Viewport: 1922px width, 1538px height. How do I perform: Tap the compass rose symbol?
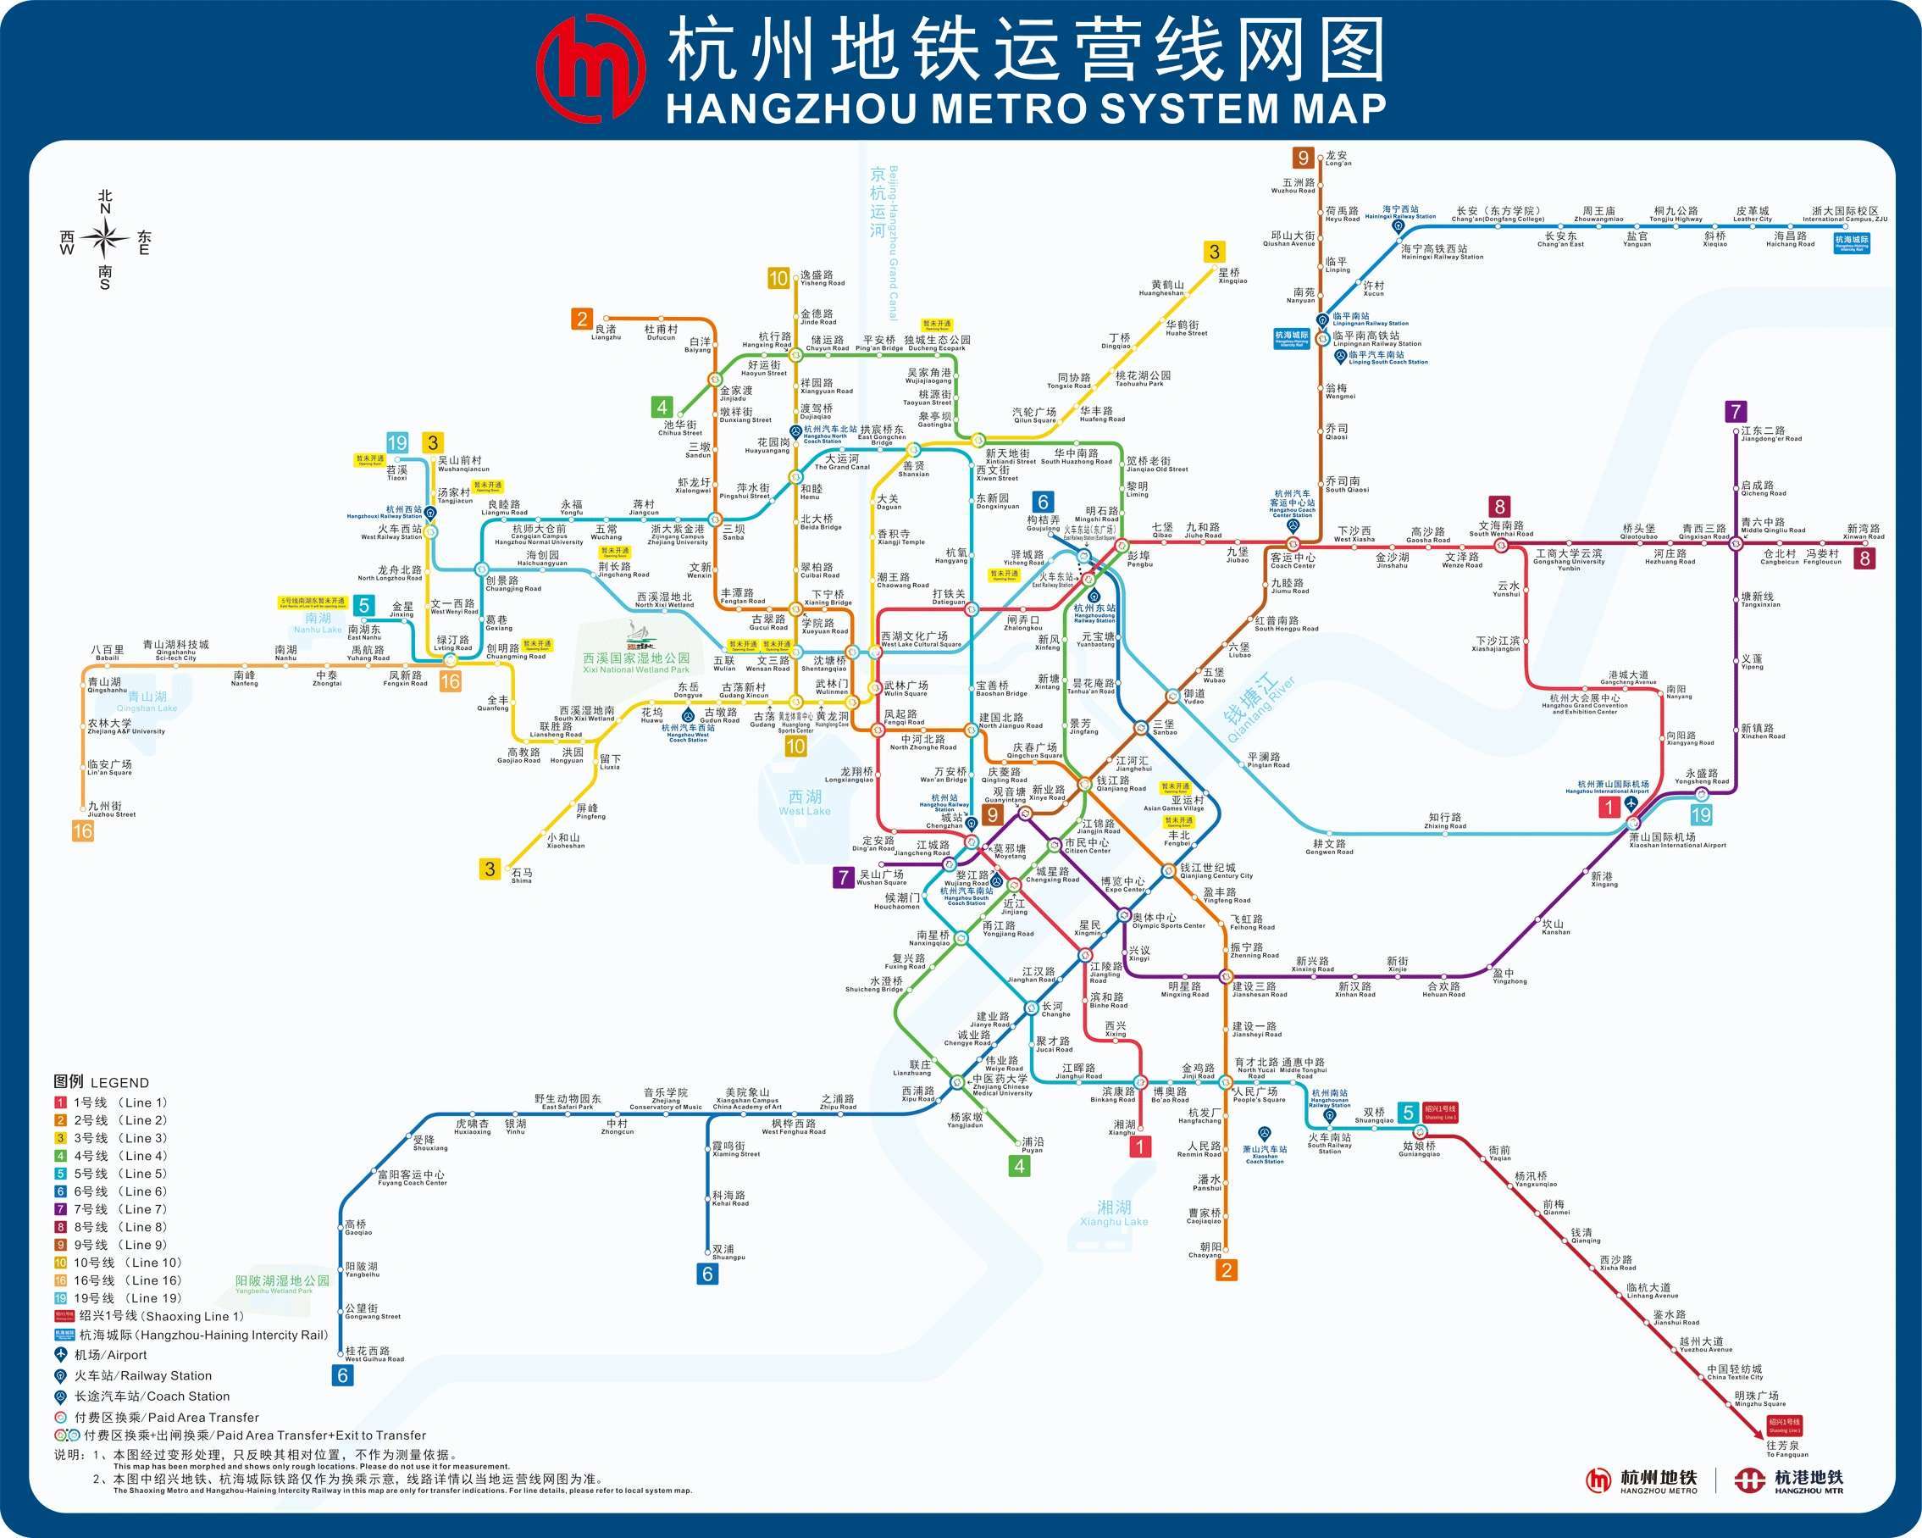[x=105, y=239]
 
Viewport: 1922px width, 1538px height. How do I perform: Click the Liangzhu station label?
[x=607, y=332]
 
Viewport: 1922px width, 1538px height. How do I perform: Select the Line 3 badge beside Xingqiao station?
[x=1213, y=253]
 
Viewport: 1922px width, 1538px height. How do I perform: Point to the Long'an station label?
[x=1338, y=158]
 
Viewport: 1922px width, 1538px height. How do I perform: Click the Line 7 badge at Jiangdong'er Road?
[x=1735, y=412]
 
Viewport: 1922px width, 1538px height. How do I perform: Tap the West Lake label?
[x=804, y=802]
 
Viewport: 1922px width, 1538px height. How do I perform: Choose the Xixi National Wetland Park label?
[x=635, y=663]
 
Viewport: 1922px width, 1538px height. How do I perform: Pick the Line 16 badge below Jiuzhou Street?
[x=83, y=831]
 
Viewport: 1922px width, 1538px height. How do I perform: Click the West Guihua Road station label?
[x=374, y=1354]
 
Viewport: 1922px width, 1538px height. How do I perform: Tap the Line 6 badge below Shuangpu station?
[x=707, y=1274]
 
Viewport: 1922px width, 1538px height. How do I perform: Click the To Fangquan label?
[x=1786, y=1449]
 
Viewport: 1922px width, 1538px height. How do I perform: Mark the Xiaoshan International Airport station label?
[x=1676, y=840]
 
